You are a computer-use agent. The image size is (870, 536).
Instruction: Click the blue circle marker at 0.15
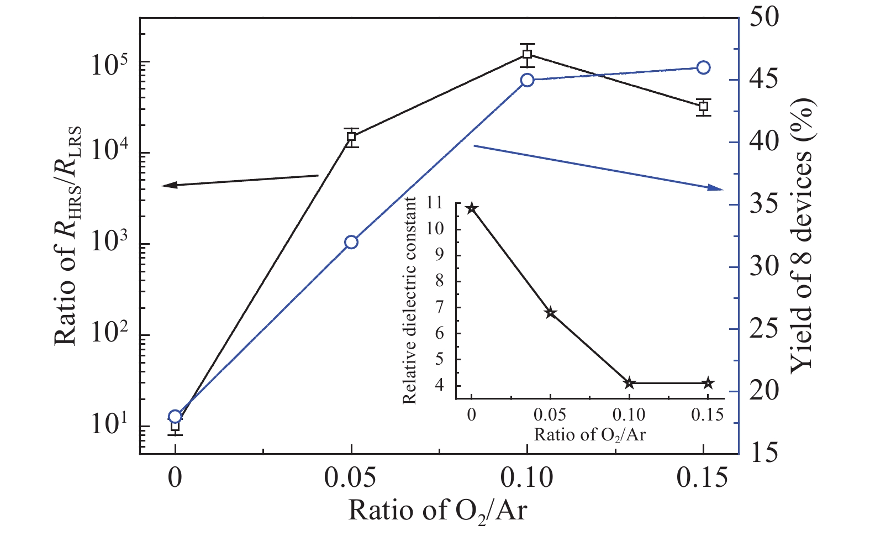point(703,67)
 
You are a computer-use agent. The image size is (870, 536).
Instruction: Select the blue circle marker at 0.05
point(351,242)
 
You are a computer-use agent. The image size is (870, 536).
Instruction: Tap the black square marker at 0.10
point(528,54)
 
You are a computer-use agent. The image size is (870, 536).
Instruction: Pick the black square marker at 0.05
point(351,137)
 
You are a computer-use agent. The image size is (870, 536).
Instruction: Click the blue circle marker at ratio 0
point(175,417)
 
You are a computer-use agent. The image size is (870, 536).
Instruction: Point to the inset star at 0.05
point(550,313)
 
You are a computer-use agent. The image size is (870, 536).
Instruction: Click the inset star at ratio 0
point(472,208)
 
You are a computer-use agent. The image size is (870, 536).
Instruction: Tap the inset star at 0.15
point(708,383)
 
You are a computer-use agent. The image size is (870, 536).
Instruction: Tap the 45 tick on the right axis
point(765,79)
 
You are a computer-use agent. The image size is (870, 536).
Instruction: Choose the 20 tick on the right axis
point(765,391)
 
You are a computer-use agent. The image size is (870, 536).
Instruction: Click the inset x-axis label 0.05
point(550,414)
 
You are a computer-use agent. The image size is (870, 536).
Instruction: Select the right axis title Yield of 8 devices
point(802,235)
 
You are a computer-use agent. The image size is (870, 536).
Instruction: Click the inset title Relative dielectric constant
point(409,300)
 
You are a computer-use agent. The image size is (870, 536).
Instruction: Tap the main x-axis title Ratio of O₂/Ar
point(437,511)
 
